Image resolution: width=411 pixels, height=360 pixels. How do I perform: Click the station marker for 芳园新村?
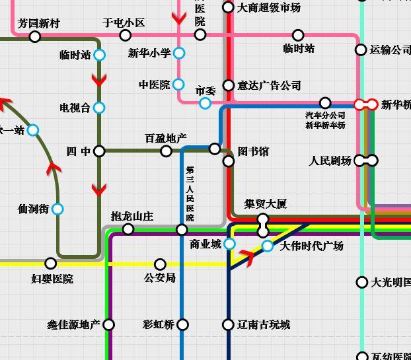click(x=35, y=37)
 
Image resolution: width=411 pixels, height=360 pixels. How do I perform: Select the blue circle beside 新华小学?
click(x=179, y=53)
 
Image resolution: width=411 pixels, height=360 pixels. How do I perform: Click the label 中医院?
click(x=154, y=85)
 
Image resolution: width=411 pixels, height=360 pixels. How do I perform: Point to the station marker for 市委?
click(x=205, y=103)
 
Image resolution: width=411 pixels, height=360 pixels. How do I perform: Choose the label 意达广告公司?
click(x=269, y=85)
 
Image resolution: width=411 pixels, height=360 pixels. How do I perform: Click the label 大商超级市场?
click(x=268, y=8)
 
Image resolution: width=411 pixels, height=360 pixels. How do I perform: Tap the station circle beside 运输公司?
click(x=361, y=50)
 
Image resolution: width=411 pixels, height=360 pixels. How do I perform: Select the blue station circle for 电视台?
click(x=99, y=108)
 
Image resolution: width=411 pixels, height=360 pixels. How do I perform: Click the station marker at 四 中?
click(x=99, y=151)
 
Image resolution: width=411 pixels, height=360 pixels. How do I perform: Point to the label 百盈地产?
click(x=166, y=138)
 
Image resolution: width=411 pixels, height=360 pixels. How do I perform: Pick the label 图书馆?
click(x=253, y=151)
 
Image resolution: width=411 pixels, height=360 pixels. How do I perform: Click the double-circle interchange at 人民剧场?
click(x=366, y=161)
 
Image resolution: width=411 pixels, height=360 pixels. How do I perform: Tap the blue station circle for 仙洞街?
click(x=57, y=209)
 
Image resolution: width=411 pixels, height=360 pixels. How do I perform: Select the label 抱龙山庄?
click(x=132, y=216)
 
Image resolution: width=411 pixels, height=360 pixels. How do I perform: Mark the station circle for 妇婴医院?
click(x=50, y=264)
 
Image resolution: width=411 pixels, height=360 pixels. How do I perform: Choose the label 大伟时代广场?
click(x=311, y=246)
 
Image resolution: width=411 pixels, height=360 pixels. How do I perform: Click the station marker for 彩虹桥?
click(x=183, y=324)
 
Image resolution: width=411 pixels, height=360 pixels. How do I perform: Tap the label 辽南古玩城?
click(x=264, y=324)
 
